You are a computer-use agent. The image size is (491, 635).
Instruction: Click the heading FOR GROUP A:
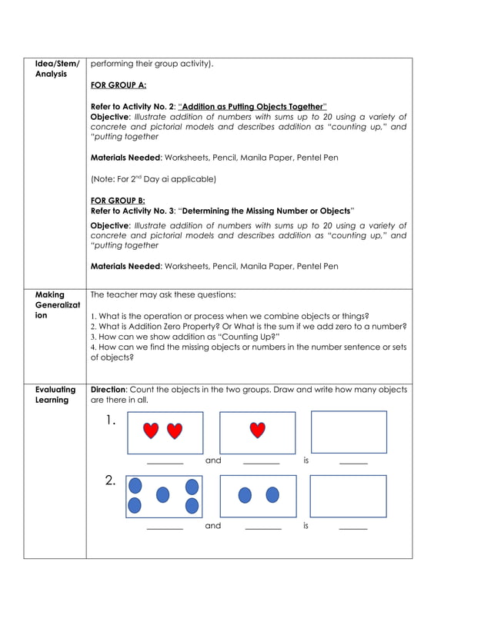119,85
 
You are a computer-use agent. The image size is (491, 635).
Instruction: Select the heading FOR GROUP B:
118,201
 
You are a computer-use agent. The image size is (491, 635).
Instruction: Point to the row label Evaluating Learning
55,394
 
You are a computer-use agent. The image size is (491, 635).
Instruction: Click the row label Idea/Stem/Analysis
57,68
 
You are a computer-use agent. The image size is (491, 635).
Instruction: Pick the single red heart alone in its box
257,431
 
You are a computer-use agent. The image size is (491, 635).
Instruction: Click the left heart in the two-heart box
152,431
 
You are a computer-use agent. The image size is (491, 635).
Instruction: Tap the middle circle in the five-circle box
163,495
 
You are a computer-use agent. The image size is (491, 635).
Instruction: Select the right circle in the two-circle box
272,495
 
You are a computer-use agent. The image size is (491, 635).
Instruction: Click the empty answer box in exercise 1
349,432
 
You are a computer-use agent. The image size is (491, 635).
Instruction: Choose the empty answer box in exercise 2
348,496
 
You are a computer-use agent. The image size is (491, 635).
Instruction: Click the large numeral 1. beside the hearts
112,421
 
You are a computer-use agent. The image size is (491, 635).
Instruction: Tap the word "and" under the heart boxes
213,461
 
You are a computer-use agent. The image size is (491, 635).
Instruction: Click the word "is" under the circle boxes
306,526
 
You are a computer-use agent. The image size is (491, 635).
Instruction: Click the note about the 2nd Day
153,179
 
